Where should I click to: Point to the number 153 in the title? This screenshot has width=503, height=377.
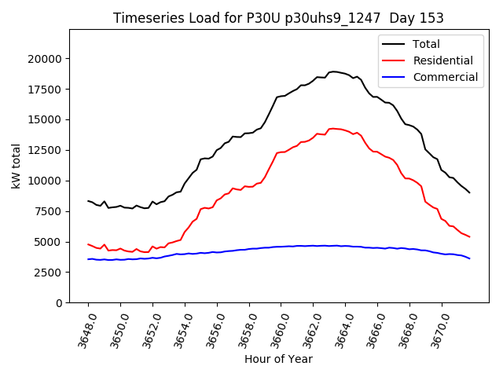(x=431, y=18)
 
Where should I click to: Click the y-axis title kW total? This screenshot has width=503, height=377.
(x=16, y=166)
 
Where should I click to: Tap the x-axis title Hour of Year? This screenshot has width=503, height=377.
(x=278, y=359)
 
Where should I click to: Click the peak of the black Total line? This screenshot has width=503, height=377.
(x=333, y=71)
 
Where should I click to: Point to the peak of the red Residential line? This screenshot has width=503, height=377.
(x=333, y=128)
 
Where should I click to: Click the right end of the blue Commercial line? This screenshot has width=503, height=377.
(x=470, y=258)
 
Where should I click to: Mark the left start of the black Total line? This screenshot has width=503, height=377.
(x=88, y=201)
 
